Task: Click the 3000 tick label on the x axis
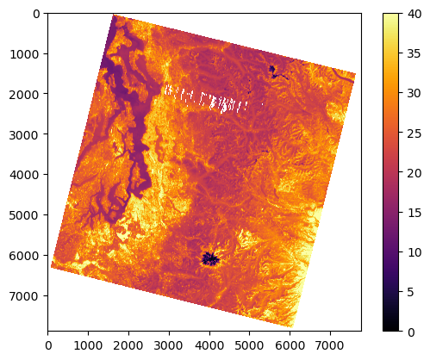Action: point(169,345)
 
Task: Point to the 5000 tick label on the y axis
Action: point(25,215)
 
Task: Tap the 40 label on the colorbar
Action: point(414,14)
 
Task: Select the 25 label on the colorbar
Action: point(414,133)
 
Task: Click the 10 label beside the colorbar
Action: point(414,252)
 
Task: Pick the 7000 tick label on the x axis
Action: point(330,345)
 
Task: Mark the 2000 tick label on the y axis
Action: point(25,94)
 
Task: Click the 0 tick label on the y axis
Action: point(36,14)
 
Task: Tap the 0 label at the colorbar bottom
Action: point(410,332)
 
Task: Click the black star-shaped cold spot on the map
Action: point(210,259)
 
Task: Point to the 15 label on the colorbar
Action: point(414,213)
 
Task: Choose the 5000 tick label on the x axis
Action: point(250,345)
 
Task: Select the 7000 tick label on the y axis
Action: point(25,296)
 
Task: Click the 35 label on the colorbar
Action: point(414,53)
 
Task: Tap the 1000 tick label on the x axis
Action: point(88,345)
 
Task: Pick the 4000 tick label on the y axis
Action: point(25,175)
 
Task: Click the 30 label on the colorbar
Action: point(414,93)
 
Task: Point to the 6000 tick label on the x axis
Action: point(290,345)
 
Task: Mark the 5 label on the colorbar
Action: point(410,292)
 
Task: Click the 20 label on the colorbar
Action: point(414,173)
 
